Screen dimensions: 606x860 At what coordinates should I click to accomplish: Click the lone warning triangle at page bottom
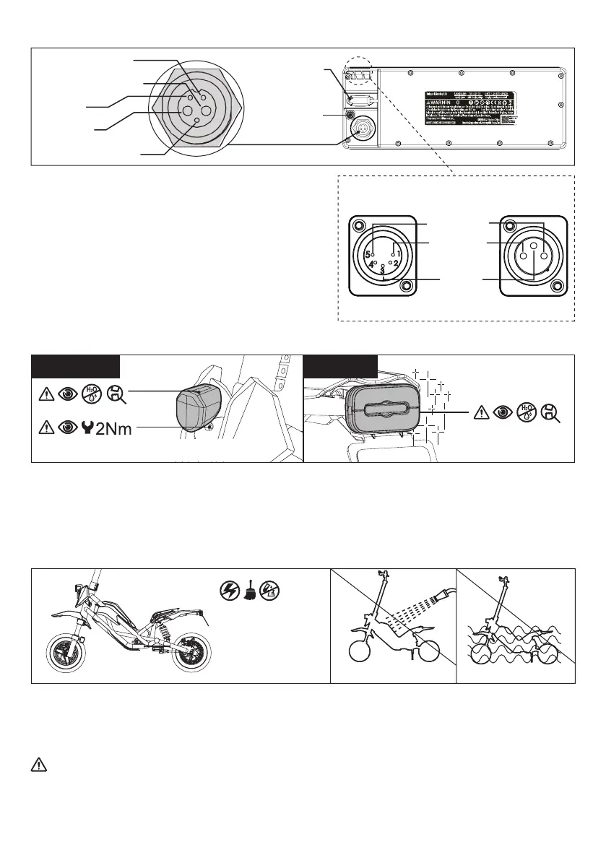tap(40, 765)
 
